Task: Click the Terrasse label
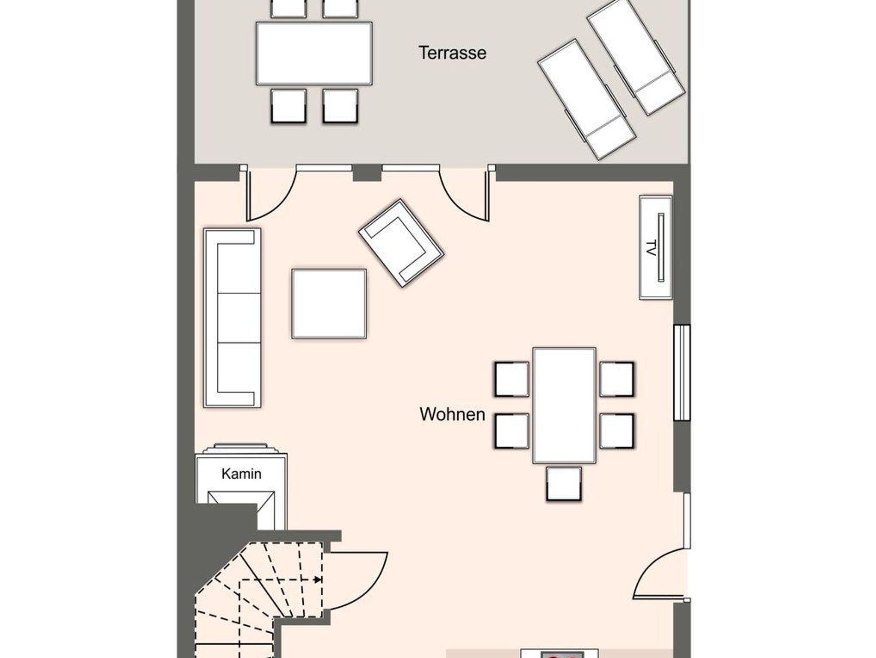453,53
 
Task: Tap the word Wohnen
452,414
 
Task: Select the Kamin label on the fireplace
241,474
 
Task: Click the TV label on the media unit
651,248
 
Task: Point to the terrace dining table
314,53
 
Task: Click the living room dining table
564,405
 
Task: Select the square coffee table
329,304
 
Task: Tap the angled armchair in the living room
401,243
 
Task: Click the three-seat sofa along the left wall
232,317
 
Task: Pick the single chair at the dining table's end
564,483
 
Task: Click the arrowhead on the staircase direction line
318,580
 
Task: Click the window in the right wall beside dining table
682,373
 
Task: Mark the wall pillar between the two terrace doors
367,173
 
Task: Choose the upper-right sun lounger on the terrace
636,58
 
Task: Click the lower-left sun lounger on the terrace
587,100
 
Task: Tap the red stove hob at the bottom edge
562,655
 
